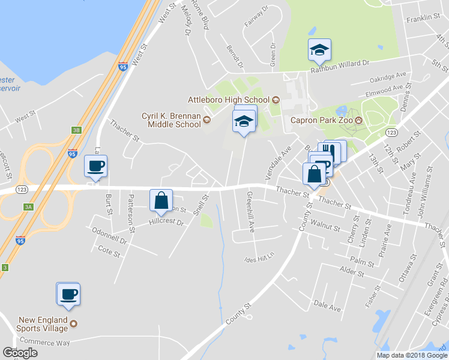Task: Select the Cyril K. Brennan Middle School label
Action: (x=170, y=120)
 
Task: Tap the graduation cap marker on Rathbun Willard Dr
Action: (x=319, y=50)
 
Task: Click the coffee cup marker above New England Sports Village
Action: (x=68, y=293)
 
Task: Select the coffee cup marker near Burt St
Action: (x=95, y=166)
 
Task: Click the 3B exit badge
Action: (x=76, y=130)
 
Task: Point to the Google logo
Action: (x=20, y=353)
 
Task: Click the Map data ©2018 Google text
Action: (x=411, y=355)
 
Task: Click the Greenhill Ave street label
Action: (x=251, y=211)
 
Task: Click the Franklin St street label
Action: (x=423, y=19)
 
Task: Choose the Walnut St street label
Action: (x=330, y=229)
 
